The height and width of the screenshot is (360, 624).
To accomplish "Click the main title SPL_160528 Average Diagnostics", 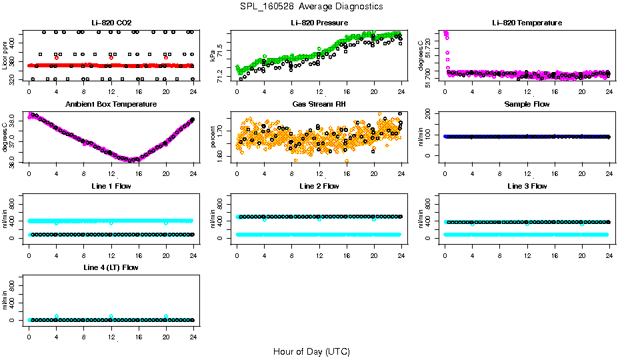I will pos(312,6).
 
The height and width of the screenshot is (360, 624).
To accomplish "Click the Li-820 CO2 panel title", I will pos(111,23).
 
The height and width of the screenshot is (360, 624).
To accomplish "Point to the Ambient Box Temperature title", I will pos(111,105).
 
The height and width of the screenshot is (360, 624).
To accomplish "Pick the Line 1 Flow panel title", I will pos(111,186).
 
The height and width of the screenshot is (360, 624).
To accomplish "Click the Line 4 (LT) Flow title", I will pos(111,267).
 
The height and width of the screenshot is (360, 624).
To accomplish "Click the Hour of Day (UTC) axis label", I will pos(311,351).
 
